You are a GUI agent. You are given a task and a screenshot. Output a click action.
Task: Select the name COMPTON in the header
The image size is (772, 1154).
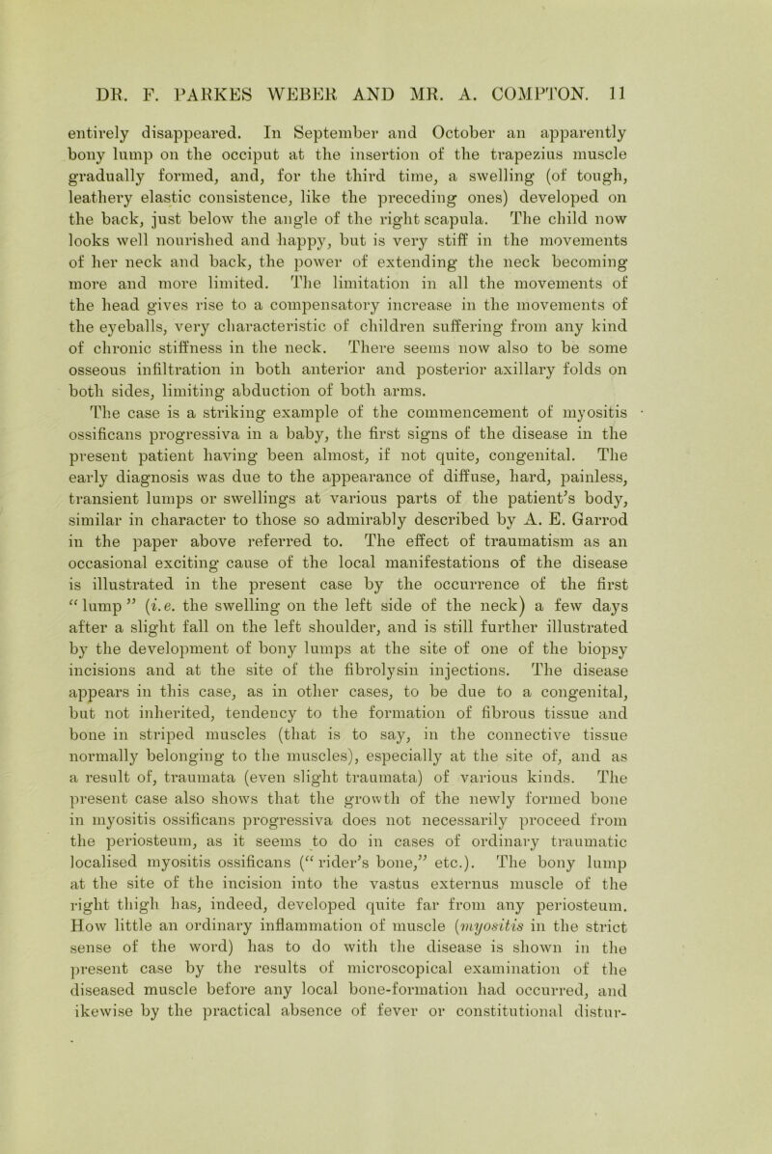point(611,97)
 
